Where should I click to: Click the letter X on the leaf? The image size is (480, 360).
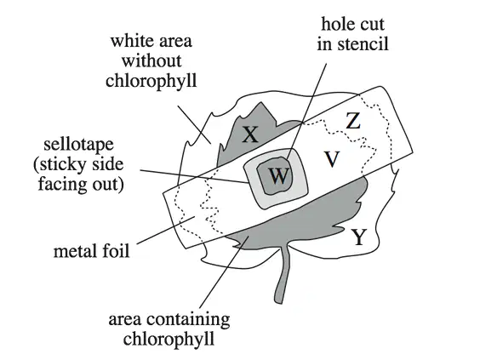[250, 134]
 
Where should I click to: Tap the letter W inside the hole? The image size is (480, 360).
[278, 176]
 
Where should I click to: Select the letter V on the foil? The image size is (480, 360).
[332, 159]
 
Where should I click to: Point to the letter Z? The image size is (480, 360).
[353, 121]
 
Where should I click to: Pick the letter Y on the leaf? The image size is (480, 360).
[359, 237]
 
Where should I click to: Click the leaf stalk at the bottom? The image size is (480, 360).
[283, 275]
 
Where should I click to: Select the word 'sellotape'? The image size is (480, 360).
[78, 145]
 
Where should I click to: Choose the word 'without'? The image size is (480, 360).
[151, 60]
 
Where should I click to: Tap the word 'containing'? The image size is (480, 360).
[188, 320]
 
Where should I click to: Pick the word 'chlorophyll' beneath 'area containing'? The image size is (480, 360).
[169, 340]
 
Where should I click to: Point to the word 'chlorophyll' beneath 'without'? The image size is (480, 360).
[151, 81]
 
